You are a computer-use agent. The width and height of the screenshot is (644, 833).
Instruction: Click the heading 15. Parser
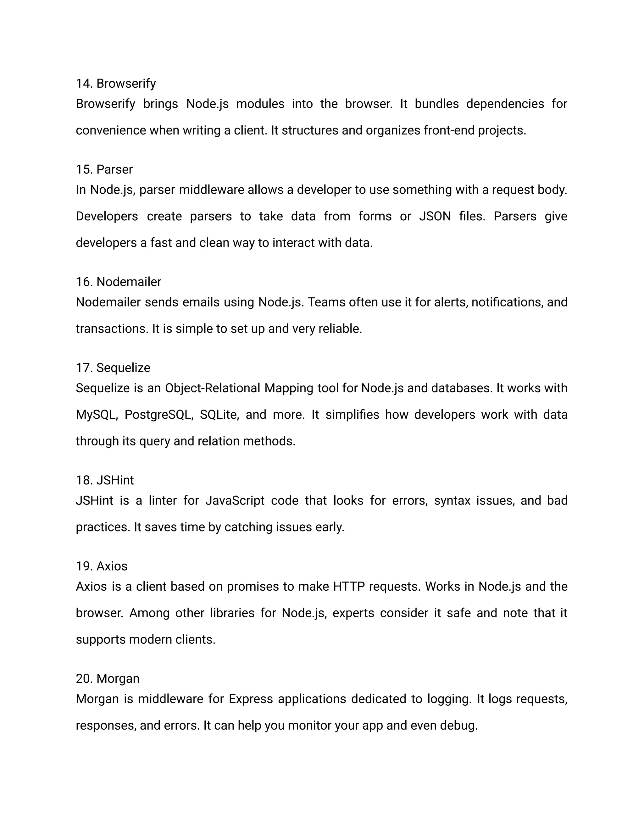point(104,169)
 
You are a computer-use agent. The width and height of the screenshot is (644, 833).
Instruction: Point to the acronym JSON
point(435,216)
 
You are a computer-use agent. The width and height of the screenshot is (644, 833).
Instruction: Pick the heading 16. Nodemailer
point(118,282)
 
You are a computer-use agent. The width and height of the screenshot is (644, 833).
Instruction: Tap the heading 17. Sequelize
point(113,368)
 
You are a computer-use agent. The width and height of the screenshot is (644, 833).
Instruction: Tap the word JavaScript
point(235,500)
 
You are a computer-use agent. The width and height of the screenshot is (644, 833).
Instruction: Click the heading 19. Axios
point(102,566)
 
